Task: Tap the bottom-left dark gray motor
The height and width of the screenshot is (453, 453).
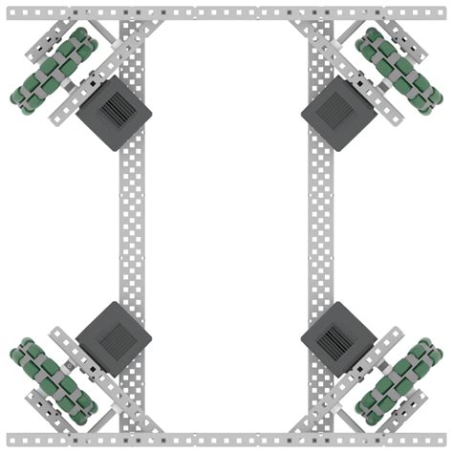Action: (x=114, y=338)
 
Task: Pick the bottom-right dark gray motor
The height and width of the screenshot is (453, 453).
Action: (x=338, y=338)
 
